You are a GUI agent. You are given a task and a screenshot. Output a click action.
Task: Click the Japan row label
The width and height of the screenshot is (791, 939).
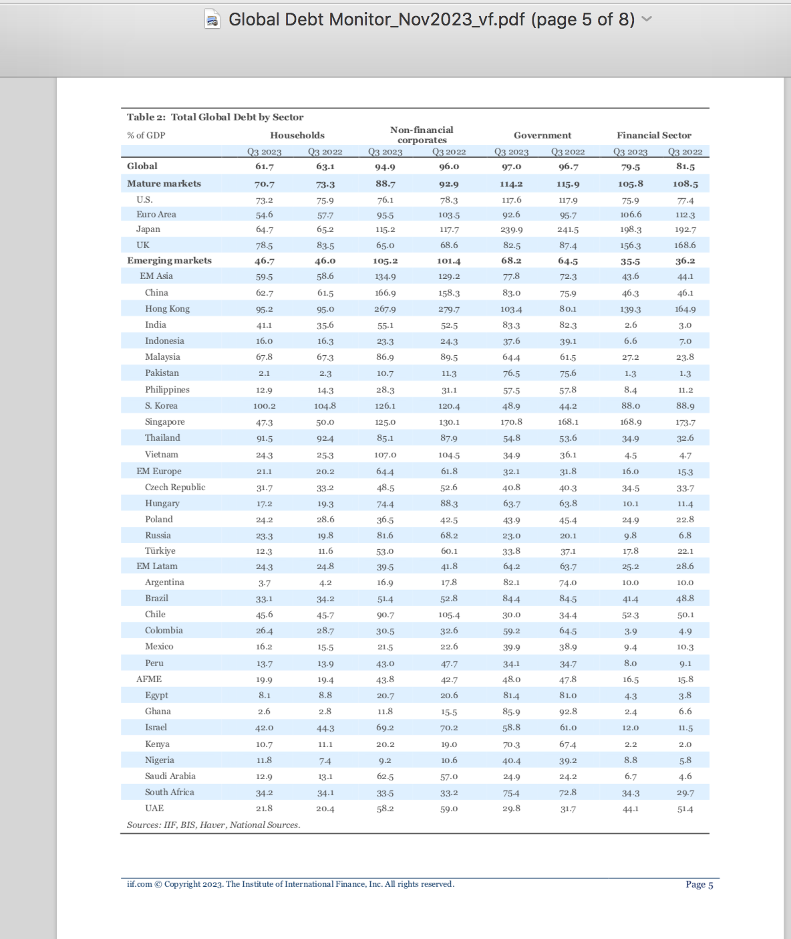pos(148,229)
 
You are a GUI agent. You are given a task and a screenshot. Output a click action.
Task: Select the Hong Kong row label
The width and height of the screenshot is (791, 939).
pos(167,309)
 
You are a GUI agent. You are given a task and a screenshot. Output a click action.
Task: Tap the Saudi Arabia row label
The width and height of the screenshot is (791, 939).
pos(170,776)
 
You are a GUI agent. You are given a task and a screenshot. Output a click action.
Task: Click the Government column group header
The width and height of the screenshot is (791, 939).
pos(542,135)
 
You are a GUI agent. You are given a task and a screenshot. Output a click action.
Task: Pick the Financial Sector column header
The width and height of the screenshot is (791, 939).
pos(653,135)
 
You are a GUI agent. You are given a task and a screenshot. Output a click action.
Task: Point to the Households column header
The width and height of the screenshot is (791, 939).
pos(297,135)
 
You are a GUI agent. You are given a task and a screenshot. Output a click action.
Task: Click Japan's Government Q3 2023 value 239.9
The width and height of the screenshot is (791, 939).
pos(511,229)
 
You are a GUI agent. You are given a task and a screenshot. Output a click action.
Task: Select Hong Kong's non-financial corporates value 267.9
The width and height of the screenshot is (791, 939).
pos(385,309)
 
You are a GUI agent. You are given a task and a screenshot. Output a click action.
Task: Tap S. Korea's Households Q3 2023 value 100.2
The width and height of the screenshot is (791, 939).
pos(264,406)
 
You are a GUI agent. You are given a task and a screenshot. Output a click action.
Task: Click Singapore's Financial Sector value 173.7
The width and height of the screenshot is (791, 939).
pos(685,422)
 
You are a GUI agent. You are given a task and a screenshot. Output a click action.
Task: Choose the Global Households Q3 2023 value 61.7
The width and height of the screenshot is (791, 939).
pos(264,167)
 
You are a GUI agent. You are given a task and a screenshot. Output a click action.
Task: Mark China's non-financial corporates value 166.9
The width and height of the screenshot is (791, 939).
pos(385,293)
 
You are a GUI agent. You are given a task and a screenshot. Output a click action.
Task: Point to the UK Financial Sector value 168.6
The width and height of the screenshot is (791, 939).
pos(685,245)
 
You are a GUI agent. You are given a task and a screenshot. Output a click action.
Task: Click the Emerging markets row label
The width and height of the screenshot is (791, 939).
pos(169,261)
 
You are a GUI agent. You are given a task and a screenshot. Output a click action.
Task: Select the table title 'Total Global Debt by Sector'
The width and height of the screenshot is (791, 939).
pos(237,117)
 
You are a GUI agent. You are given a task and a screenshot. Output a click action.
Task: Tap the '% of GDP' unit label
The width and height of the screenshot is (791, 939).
pos(146,135)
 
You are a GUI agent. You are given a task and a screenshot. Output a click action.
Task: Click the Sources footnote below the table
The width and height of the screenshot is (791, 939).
pos(213,825)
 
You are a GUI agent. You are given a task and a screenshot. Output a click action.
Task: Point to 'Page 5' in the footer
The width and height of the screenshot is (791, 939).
pos(699,884)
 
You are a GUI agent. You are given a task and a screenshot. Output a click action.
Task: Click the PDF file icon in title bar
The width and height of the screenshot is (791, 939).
pos(212,19)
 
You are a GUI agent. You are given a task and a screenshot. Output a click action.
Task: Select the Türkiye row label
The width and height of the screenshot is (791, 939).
pos(160,551)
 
